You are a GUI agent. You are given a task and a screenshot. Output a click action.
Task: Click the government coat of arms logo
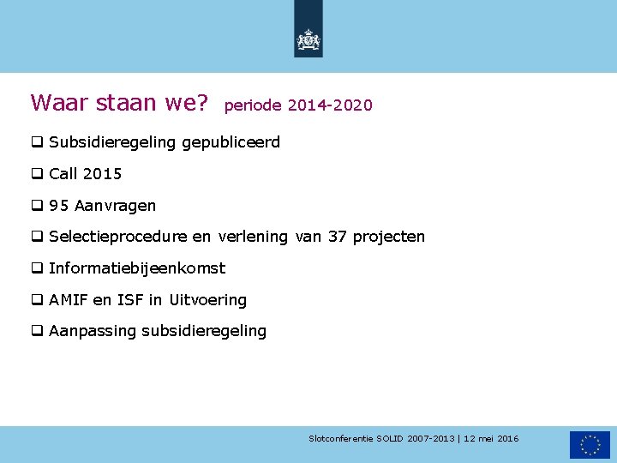coord(308,39)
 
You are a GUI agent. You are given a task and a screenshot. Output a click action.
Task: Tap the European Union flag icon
coord(590,444)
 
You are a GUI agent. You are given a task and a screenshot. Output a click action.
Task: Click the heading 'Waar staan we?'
coord(119,103)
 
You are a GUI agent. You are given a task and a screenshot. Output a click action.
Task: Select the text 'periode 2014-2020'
coord(298,105)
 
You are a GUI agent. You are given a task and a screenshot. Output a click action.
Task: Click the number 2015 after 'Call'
coord(103,174)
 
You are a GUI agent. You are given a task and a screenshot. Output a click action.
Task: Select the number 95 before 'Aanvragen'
coord(59,206)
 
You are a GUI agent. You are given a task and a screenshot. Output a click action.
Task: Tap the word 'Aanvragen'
coord(115,206)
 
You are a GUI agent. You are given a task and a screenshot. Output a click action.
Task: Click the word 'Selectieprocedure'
coord(117,237)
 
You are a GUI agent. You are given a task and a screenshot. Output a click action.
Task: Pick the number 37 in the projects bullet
coord(338,237)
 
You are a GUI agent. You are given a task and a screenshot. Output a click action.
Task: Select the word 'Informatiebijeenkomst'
coord(137,268)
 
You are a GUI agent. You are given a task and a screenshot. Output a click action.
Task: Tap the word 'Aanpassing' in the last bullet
coord(93,331)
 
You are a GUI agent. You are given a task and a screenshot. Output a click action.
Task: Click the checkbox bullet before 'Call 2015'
coord(38,174)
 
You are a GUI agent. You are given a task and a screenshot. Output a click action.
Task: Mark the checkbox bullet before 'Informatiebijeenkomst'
coord(38,268)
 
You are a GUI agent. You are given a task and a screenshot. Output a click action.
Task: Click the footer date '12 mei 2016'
coord(491,439)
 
